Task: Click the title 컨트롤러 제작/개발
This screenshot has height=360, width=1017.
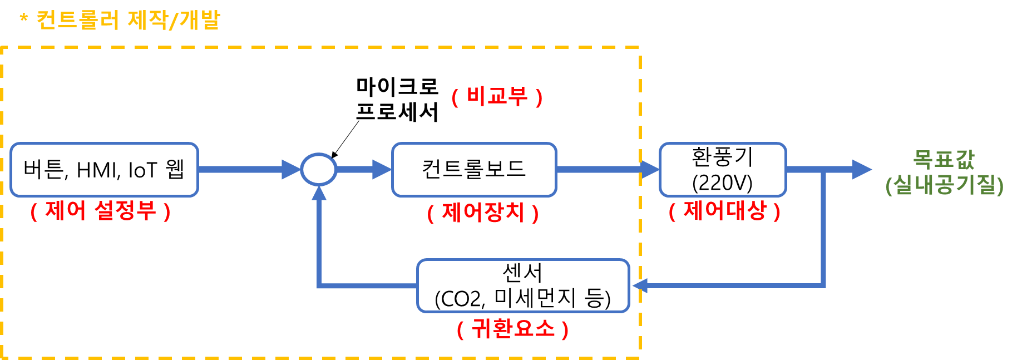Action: pyautogui.click(x=128, y=20)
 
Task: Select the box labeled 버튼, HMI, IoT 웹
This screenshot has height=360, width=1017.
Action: pyautogui.click(x=104, y=170)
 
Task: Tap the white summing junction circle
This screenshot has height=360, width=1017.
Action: pyautogui.click(x=318, y=169)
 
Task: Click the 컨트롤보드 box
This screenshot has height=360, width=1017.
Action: pyautogui.click(x=474, y=170)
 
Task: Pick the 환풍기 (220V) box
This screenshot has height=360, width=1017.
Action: pyautogui.click(x=722, y=170)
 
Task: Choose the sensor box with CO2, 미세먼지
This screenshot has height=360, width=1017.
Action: pyautogui.click(x=522, y=286)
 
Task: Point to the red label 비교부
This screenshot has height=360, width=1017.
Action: pyautogui.click(x=497, y=97)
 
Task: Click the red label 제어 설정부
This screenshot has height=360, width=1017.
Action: pyautogui.click(x=100, y=211)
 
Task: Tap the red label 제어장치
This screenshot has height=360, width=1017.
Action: pyautogui.click(x=483, y=213)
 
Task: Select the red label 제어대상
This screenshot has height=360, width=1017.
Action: pyautogui.click(x=724, y=211)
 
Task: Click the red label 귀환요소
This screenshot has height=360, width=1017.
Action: pyautogui.click(x=512, y=328)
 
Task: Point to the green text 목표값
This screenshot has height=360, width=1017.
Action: pyautogui.click(x=944, y=159)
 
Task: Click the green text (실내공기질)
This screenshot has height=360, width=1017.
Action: pyautogui.click(x=944, y=185)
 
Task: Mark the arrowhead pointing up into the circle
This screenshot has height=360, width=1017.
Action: pyautogui.click(x=319, y=193)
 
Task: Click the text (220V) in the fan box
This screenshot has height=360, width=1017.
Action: pyautogui.click(x=722, y=183)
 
